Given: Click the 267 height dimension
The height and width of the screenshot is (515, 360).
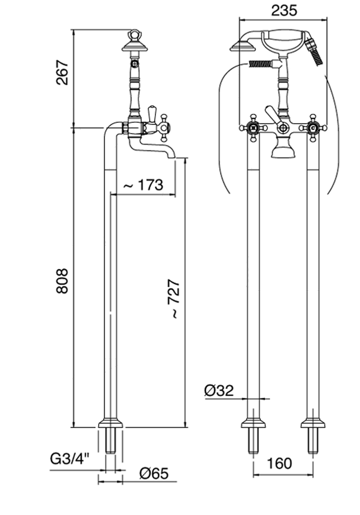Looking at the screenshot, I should coord(62,72).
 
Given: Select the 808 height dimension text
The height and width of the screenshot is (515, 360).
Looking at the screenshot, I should coord(62,281).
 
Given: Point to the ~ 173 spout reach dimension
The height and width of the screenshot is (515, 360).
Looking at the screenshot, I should coord(143,185).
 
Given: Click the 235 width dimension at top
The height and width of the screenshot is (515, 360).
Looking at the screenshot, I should coord(284,11).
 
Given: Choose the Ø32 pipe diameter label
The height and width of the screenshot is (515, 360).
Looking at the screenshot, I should coord(218,390).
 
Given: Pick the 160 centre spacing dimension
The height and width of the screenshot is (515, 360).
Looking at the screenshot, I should coord(280,463).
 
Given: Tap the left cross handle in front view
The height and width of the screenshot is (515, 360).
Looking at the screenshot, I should coord(253,128).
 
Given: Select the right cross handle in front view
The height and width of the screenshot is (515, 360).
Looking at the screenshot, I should coord(313,128).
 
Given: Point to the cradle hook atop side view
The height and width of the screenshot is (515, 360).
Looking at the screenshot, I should coord(135,34).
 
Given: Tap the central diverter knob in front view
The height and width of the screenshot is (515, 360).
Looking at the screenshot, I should coord(283,128).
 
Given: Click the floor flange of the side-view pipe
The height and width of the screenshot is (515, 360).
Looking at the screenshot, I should coord(111,423).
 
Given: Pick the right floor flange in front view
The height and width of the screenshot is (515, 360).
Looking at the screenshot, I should coord(313,423).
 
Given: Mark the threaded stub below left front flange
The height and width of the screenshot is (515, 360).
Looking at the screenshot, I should coord(253,441).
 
